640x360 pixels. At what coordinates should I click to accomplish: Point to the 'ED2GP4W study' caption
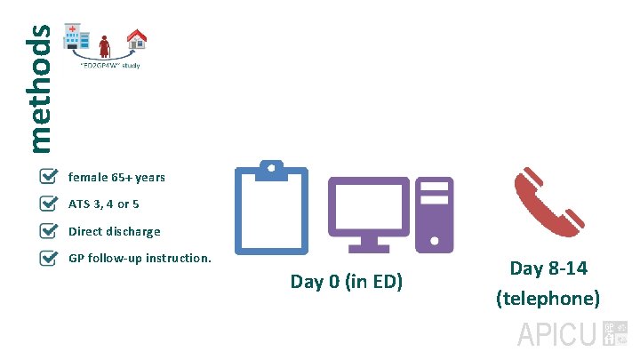click(x=109, y=66)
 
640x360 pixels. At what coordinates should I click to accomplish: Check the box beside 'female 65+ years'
click(x=51, y=177)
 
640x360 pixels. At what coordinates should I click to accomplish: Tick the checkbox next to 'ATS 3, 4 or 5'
click(x=51, y=204)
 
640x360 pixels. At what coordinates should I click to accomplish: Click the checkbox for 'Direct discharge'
click(x=51, y=231)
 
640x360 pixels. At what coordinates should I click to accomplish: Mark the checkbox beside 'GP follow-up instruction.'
click(x=51, y=259)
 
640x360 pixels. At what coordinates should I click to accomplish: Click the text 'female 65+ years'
click(x=116, y=178)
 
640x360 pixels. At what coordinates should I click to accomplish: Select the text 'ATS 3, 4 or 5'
click(x=103, y=204)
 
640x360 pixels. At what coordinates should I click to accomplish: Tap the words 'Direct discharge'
click(x=114, y=232)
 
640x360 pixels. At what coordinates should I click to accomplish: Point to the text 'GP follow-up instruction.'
click(x=140, y=259)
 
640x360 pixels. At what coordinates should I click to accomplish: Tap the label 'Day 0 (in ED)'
click(x=347, y=282)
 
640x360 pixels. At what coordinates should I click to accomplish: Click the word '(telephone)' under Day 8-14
click(x=548, y=298)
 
